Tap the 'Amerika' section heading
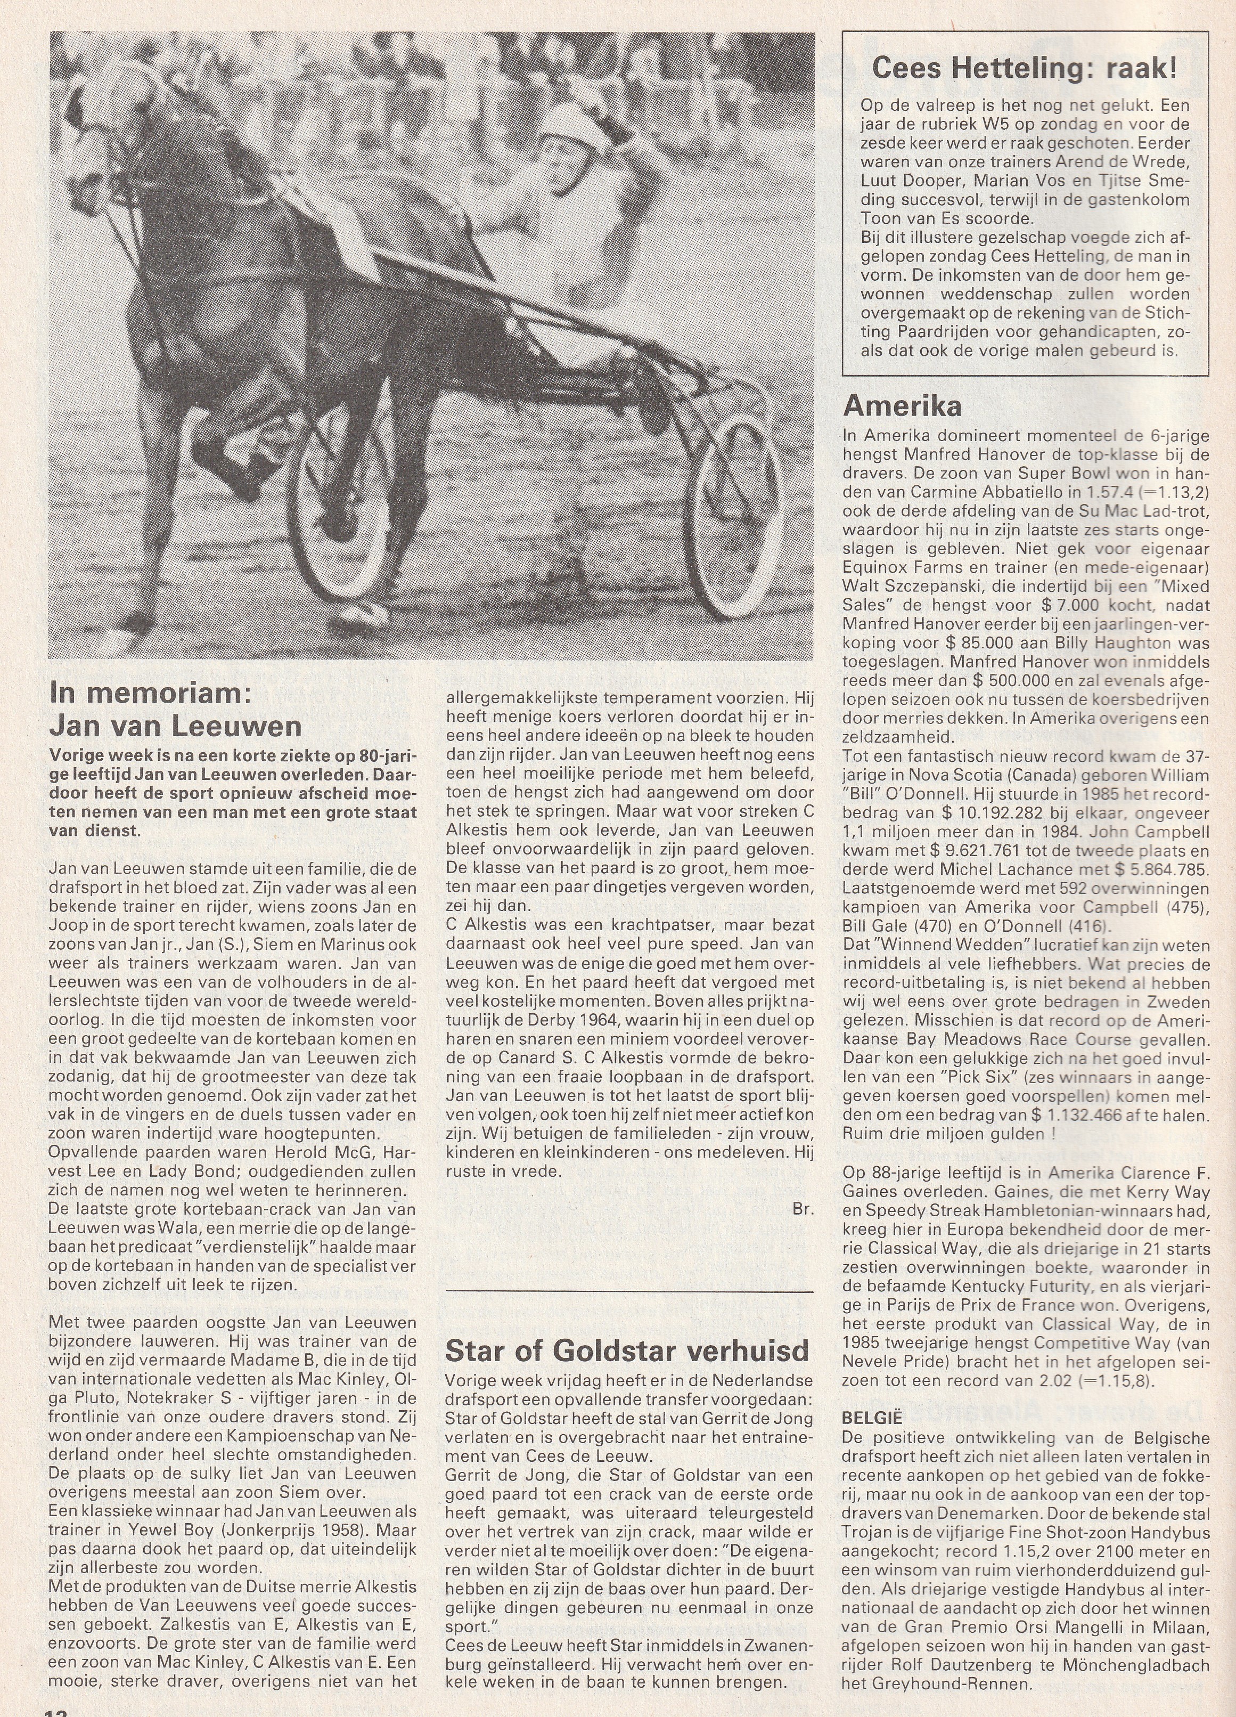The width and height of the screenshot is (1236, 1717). pos(902,406)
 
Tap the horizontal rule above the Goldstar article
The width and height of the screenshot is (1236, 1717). pos(630,1289)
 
